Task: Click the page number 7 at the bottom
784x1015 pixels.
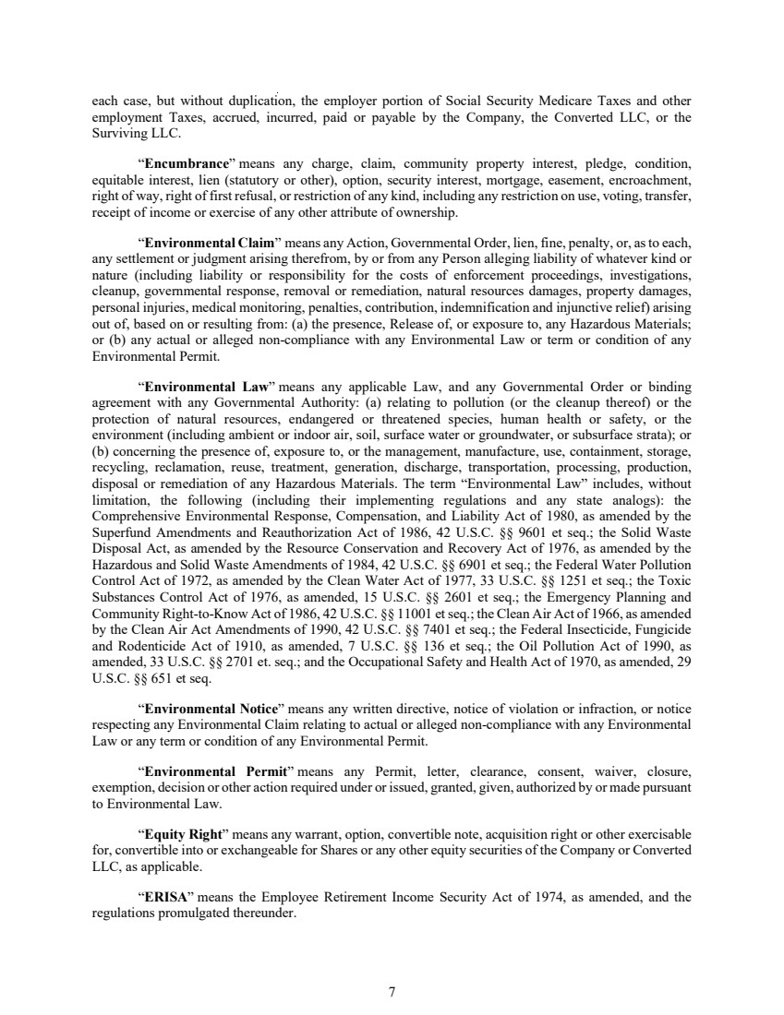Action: [392, 966]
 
